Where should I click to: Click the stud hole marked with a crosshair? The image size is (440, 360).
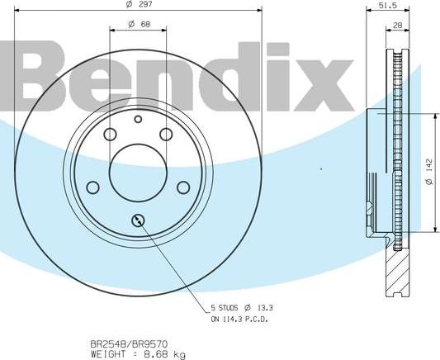[138, 220]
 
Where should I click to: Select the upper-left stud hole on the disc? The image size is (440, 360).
[110, 135]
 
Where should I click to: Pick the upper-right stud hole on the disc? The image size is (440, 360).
[165, 135]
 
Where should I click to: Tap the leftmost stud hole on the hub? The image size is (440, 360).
[92, 187]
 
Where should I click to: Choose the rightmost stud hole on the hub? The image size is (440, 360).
[183, 187]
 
